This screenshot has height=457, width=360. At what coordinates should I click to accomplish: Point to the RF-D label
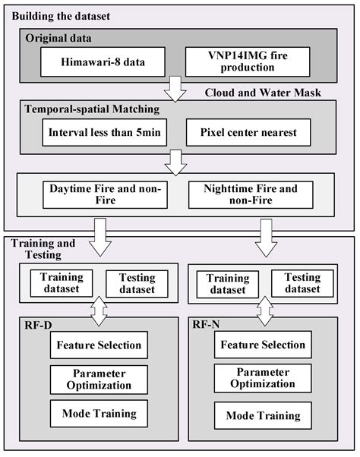coord(39,325)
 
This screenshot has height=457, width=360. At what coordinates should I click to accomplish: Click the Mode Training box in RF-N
coord(263,415)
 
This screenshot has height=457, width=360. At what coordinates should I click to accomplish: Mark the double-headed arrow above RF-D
coord(97,307)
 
